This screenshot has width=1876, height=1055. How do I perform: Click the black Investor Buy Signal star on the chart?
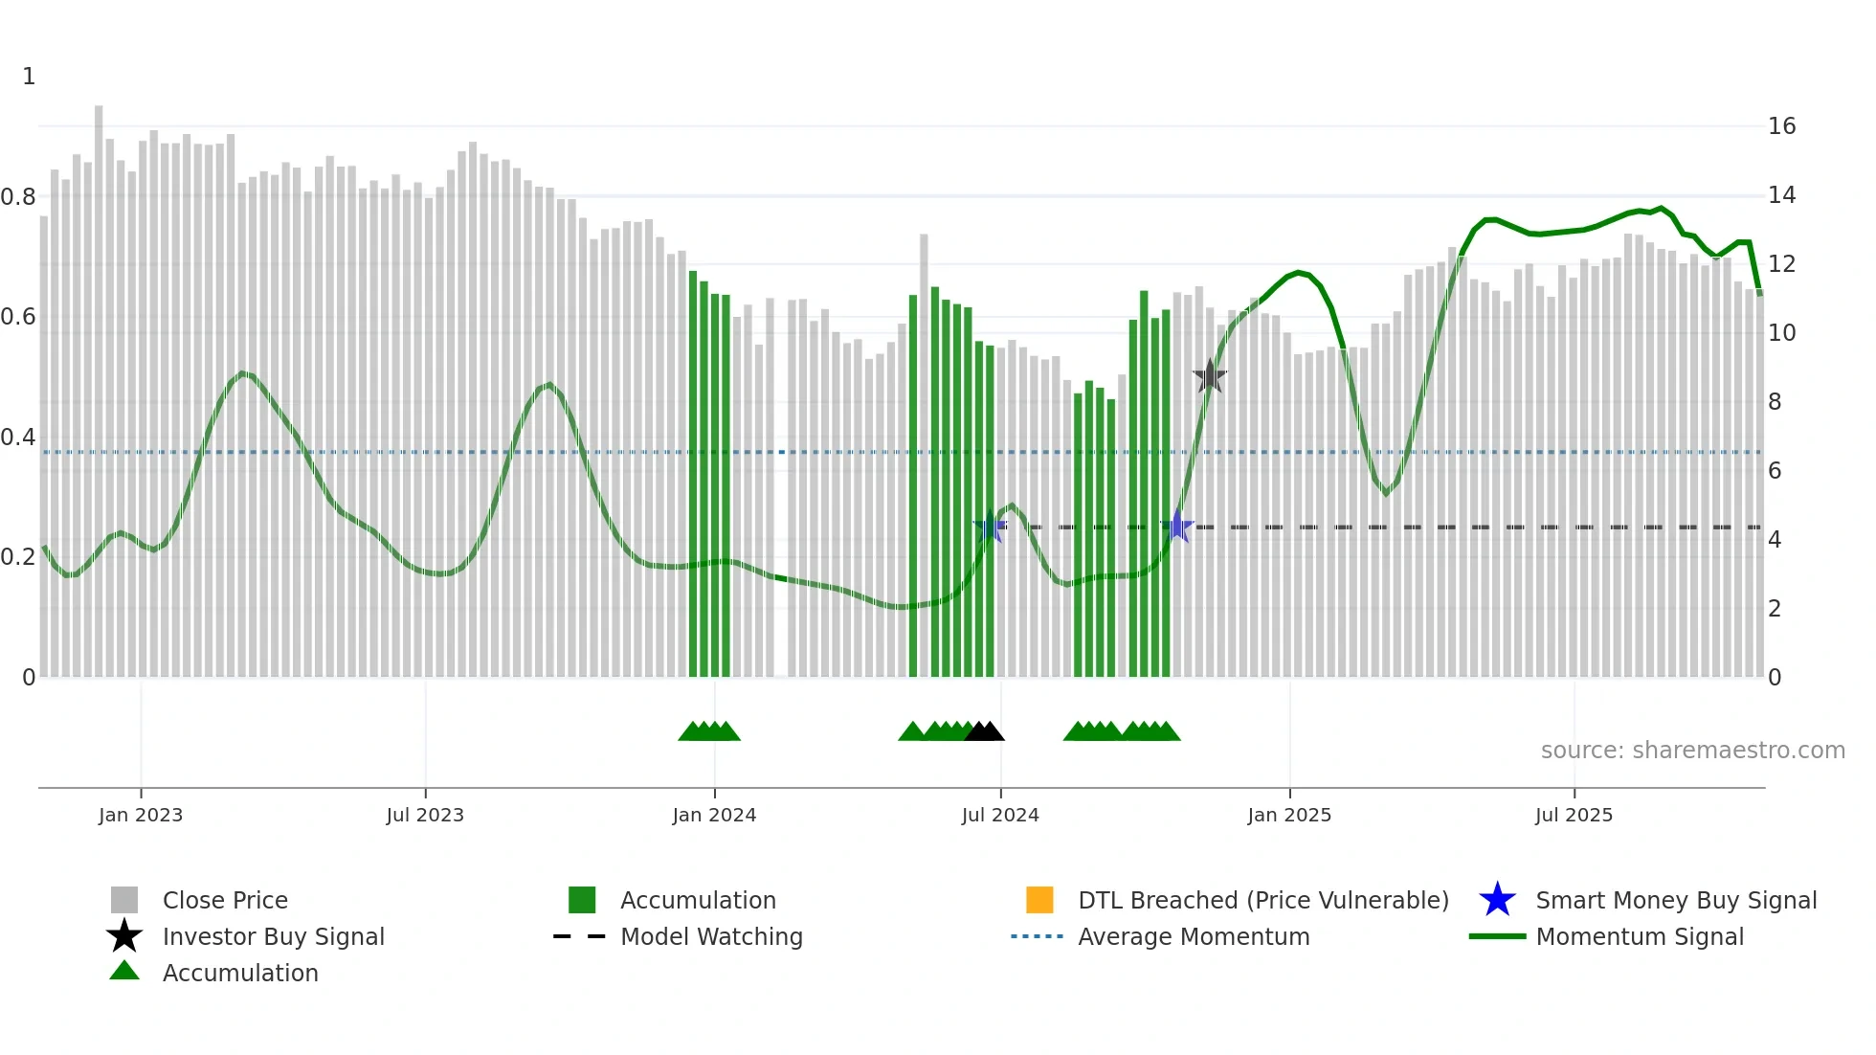1210,377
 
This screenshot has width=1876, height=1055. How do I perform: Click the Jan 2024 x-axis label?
714,815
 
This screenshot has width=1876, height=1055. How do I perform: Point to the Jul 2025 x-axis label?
1574,815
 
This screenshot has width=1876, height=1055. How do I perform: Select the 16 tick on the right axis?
1781,126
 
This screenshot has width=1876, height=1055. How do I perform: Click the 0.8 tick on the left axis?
18,197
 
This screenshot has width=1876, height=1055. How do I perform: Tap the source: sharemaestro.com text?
1692,751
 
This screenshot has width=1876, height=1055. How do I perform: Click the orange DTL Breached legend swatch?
1039,900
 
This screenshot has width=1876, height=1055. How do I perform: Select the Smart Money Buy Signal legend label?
1676,900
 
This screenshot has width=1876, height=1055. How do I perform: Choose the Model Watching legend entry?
711,936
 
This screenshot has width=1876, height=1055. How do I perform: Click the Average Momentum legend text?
1194,936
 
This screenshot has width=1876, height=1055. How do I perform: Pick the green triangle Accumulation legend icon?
124,971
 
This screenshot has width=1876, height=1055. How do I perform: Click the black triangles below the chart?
984,731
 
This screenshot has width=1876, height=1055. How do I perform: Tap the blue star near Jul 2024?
990,527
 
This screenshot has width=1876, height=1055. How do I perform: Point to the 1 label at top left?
29,77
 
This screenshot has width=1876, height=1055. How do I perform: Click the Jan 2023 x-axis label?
141,815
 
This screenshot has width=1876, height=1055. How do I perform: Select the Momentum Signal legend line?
1497,936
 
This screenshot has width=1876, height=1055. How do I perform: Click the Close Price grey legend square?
124,900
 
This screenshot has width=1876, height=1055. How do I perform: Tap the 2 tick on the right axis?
1774,609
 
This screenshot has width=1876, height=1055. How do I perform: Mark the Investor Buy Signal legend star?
124,936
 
